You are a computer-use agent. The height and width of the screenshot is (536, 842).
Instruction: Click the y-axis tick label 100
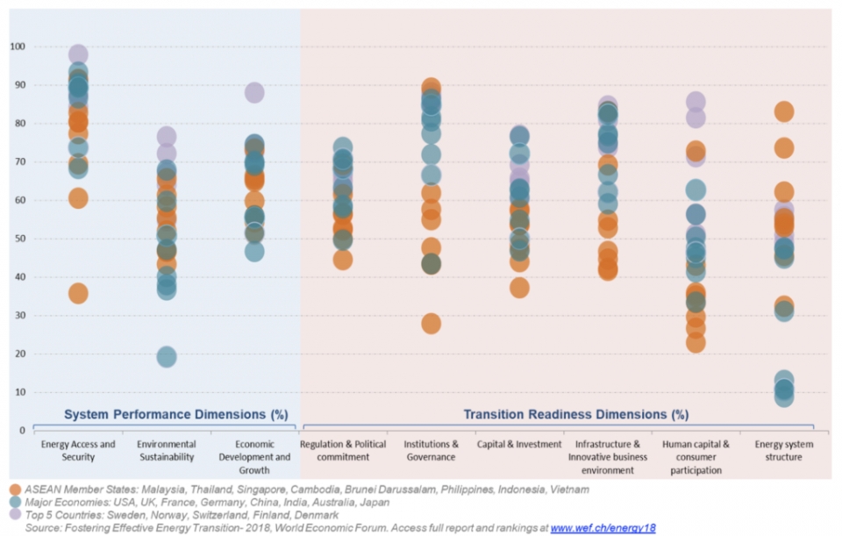pos(18,46)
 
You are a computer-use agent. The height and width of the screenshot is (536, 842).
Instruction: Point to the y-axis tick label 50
pos(19,239)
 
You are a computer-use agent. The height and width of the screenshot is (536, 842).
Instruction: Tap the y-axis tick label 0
pos(22,431)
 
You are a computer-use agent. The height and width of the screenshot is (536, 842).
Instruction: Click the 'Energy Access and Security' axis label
pos(78,451)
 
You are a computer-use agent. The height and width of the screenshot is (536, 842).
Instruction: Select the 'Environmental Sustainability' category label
pos(166,451)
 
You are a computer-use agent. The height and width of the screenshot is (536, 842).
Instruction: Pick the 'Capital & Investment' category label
pos(518,445)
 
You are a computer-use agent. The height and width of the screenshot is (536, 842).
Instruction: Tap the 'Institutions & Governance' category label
pos(431,451)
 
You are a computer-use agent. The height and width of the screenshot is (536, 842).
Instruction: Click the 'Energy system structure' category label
pos(783,451)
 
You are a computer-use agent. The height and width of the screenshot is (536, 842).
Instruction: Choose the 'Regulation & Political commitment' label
pos(343,451)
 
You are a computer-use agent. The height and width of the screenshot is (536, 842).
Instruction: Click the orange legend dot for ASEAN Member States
pos(16,490)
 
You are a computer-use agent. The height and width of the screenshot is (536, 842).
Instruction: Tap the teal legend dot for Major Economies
pos(16,503)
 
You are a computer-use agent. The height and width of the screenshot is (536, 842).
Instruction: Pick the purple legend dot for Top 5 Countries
pos(16,515)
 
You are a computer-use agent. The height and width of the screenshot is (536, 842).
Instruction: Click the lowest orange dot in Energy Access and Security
pos(78,294)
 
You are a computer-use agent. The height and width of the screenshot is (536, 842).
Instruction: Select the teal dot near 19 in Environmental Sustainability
pos(166,357)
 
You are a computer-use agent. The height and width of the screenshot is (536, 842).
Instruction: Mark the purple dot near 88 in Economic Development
pos(254,93)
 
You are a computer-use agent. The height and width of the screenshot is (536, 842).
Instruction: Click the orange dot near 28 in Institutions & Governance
pos(431,324)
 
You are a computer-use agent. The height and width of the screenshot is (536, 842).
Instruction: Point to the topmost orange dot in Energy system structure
pos(783,111)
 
